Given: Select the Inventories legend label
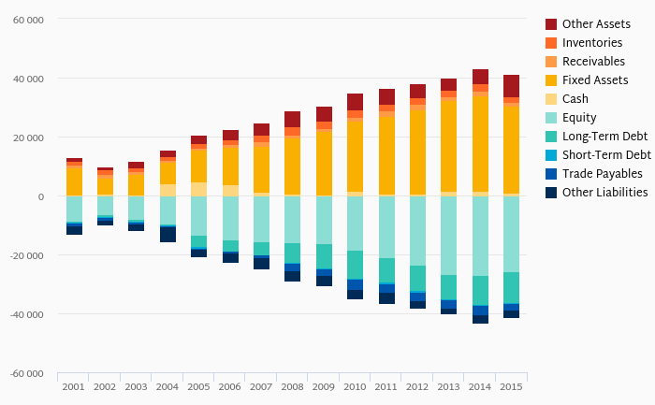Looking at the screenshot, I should pyautogui.click(x=592, y=43).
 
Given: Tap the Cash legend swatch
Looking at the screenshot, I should pyautogui.click(x=551, y=99).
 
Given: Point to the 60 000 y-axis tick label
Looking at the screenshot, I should pyautogui.click(x=27, y=20).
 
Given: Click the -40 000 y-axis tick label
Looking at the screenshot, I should pyautogui.click(x=25, y=315).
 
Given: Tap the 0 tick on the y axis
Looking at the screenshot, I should pyautogui.click(x=40, y=197).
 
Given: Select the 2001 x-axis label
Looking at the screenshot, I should pyautogui.click(x=74, y=386).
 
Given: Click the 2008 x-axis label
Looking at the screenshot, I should pyautogui.click(x=293, y=386).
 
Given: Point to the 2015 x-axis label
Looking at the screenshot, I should pyautogui.click(x=511, y=386).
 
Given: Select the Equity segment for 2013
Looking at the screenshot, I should pyautogui.click(x=449, y=235).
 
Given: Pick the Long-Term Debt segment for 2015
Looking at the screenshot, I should pyautogui.click(x=511, y=287).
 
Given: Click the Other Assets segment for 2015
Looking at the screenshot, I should pyautogui.click(x=511, y=86).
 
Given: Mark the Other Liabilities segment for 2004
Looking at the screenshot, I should pyautogui.click(x=167, y=234).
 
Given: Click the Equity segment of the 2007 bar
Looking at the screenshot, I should pyautogui.click(x=261, y=219).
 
